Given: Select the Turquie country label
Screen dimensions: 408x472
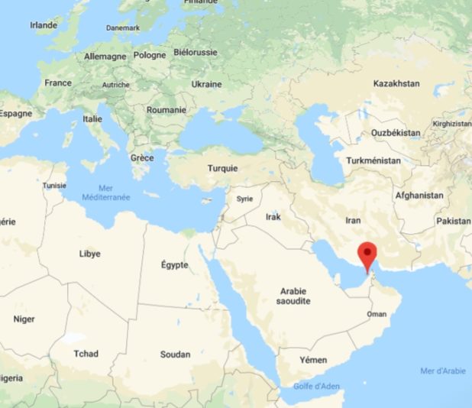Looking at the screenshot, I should (222, 168).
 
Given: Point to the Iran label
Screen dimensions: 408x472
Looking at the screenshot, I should (353, 220).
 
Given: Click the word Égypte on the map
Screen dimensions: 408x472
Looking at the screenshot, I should (174, 264).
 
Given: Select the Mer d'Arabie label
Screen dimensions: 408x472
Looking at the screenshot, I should (442, 371).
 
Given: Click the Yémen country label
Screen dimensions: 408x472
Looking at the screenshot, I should (313, 360).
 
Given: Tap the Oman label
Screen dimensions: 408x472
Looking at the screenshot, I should (377, 314).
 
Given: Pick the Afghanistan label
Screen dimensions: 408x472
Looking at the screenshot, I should (419, 196).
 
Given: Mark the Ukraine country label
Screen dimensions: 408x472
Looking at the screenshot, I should (206, 84).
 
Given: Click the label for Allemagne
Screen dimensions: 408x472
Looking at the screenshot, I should (105, 57).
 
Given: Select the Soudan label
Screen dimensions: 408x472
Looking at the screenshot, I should (176, 355).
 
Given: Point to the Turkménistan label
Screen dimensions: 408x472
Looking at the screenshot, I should (373, 161).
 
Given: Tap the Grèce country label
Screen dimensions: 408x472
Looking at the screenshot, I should (141, 157).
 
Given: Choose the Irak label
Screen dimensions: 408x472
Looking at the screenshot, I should (273, 217).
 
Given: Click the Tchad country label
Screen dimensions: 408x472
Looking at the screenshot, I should (86, 354).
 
